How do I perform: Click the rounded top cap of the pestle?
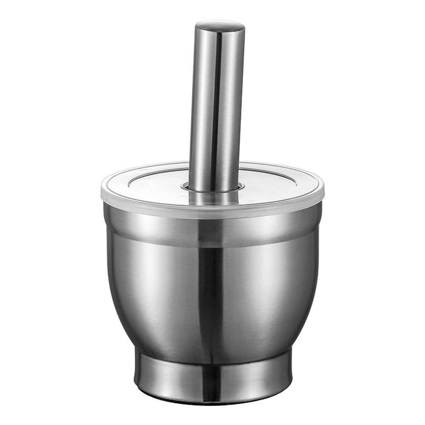point(220,26)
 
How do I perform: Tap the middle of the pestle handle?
point(217,106)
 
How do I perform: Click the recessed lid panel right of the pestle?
point(272,183)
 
